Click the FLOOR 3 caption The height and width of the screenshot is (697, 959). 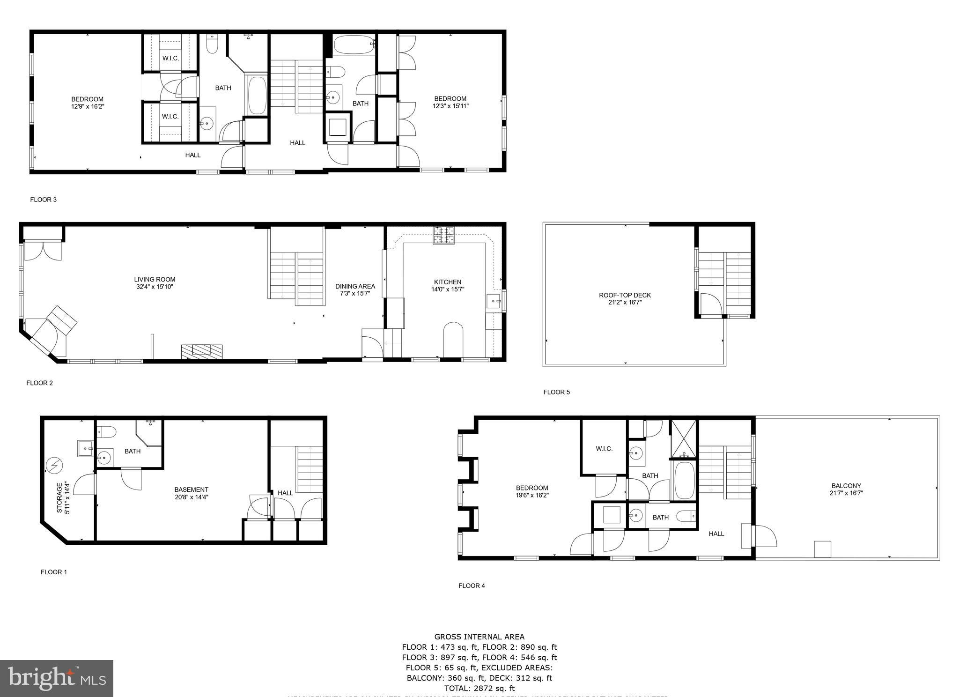tap(43, 200)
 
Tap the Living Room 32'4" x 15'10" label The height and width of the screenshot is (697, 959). tap(155, 283)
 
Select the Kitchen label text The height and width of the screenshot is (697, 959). tap(448, 282)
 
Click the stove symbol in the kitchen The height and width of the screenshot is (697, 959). tap(443, 235)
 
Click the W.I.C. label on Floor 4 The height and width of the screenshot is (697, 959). tap(604, 449)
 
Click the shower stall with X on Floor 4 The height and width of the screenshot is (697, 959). tap(684, 438)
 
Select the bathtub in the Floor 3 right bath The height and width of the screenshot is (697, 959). tap(354, 45)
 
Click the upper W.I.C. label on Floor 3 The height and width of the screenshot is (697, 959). tap(170, 58)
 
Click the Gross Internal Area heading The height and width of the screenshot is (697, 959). tap(479, 637)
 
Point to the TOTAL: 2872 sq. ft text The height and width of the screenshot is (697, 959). tap(479, 688)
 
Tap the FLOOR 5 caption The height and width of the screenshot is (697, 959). tap(556, 392)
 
